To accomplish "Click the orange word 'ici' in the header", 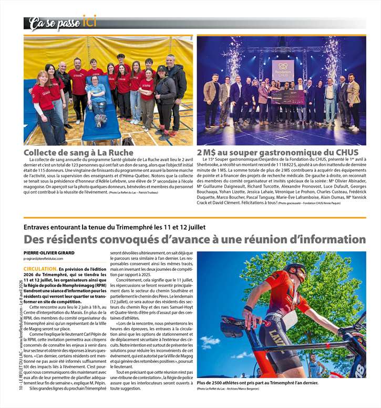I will tap(90, 22).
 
